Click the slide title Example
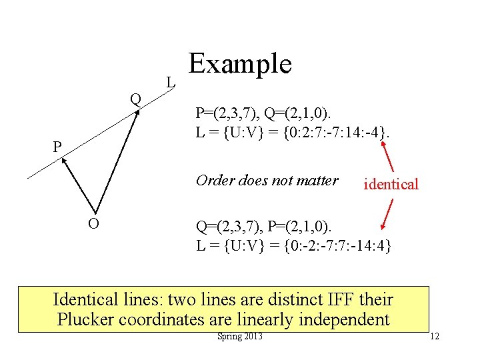(240, 64)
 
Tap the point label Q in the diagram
(135, 99)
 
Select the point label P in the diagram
(58, 147)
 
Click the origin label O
(94, 224)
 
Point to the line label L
(171, 83)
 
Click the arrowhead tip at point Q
(139, 111)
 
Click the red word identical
(391, 185)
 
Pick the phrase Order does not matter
(267, 180)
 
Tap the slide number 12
(435, 337)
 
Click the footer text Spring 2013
(240, 336)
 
